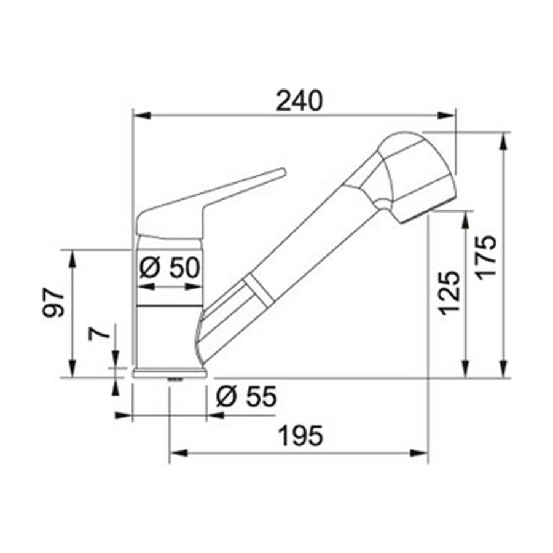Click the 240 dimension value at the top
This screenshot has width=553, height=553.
point(299,100)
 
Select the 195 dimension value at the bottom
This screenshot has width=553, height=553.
point(299,437)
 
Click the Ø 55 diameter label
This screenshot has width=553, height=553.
point(246,398)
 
